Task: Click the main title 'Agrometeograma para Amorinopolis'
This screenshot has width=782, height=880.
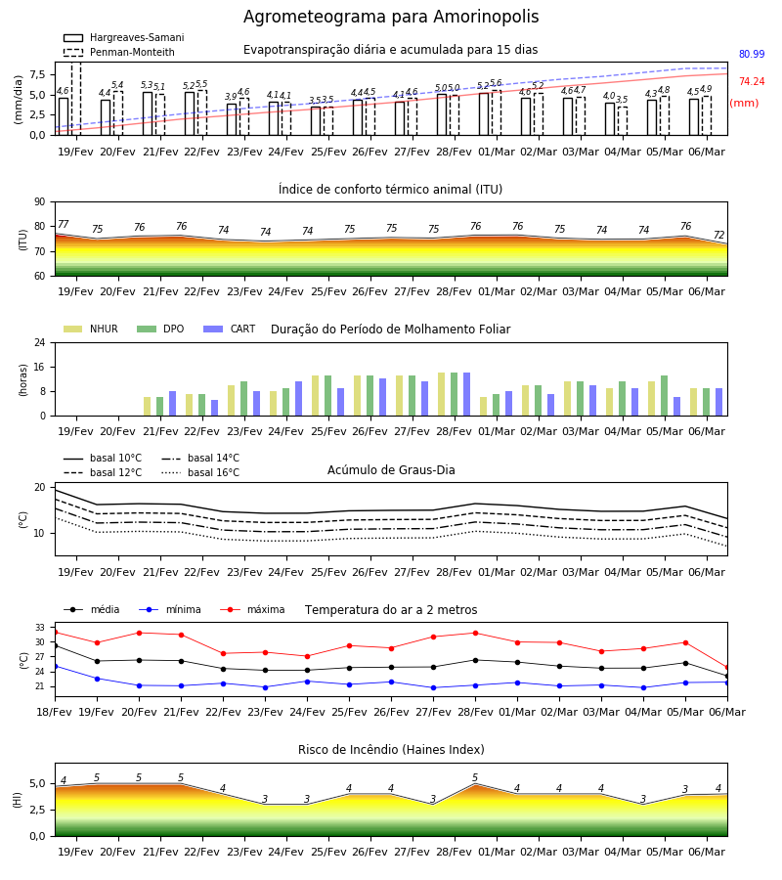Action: (x=391, y=17)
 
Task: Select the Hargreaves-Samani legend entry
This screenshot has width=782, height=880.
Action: (x=123, y=37)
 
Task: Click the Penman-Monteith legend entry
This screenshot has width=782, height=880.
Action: (x=119, y=52)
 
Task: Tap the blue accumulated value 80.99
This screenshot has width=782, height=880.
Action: (x=752, y=54)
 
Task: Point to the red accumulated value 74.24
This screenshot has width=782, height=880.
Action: (x=752, y=81)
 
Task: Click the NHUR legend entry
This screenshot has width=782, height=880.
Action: (x=91, y=329)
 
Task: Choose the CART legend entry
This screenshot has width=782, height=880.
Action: (x=229, y=329)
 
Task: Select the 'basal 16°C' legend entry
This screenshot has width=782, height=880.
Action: (x=200, y=472)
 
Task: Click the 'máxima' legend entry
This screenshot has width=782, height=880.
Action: (x=252, y=609)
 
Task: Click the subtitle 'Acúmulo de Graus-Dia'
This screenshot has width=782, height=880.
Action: (x=391, y=469)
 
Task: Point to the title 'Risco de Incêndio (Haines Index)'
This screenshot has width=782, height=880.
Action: (x=391, y=749)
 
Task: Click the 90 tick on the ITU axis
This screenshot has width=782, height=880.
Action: (x=40, y=202)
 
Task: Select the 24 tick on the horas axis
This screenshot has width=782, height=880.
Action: (x=40, y=342)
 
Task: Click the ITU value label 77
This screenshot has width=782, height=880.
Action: (x=63, y=224)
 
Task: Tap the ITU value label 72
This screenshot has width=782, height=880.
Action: (x=718, y=235)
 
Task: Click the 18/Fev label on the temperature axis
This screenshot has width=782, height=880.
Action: (x=55, y=712)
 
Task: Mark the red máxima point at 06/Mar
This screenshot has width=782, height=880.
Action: (x=727, y=667)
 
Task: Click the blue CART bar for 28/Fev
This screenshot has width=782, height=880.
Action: (x=466, y=394)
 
